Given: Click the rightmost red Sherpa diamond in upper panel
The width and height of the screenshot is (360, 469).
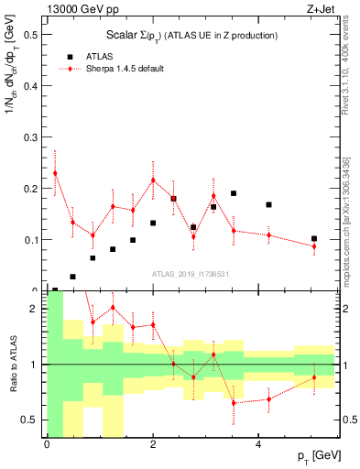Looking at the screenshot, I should (314, 246).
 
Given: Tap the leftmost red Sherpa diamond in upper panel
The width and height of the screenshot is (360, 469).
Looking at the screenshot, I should (55, 173).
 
